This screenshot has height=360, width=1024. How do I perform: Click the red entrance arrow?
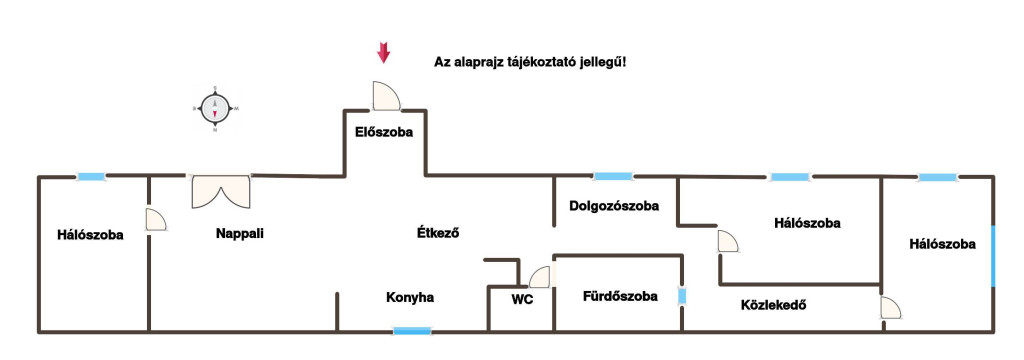[383, 52]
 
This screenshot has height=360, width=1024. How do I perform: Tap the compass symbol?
[214, 108]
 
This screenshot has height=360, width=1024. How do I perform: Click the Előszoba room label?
[384, 132]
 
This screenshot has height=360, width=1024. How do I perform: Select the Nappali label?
[240, 233]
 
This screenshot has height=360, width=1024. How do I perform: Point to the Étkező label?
[438, 232]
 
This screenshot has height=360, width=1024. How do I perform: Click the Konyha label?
[410, 297]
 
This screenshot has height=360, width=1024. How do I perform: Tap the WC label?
[522, 300]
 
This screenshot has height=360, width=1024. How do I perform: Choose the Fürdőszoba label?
[620, 296]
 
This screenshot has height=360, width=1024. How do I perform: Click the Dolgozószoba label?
[614, 206]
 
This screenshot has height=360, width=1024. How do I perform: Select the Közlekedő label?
[773, 304]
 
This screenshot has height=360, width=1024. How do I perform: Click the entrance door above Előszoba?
[385, 95]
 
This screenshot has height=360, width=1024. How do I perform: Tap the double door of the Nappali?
[221, 191]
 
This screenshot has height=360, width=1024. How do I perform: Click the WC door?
[541, 277]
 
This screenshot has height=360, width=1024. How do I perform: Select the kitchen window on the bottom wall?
[412, 331]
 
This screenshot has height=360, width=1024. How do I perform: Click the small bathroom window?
[682, 297]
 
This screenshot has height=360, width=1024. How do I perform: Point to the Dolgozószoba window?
[613, 176]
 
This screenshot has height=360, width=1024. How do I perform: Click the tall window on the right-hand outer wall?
[993, 257]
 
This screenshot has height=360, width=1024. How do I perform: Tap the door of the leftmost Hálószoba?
[155, 220]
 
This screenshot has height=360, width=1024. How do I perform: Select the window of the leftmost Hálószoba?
[91, 176]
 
